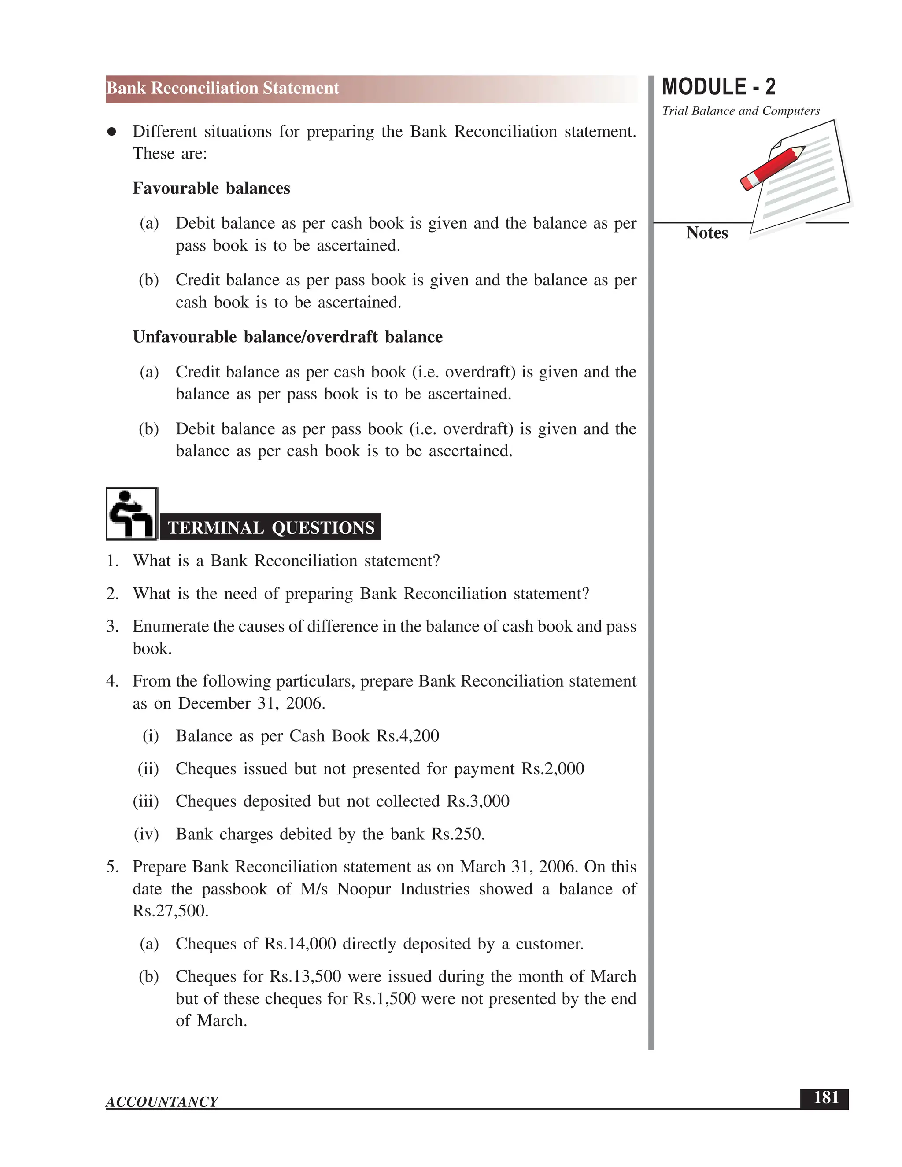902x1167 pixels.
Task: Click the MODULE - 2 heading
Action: [718, 87]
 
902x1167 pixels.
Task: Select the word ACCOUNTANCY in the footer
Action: [162, 1102]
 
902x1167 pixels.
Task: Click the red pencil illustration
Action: [772, 168]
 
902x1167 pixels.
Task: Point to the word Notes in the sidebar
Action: [706, 233]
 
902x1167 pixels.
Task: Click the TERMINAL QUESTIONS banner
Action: [271, 528]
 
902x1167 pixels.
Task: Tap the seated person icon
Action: [131, 513]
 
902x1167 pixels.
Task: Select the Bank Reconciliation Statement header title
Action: [223, 88]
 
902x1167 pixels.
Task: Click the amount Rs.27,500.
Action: [170, 911]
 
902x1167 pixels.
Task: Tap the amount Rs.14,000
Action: [300, 944]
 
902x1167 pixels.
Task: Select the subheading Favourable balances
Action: [211, 188]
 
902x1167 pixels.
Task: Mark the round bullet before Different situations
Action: [112, 132]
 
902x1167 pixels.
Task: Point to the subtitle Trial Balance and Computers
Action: [741, 111]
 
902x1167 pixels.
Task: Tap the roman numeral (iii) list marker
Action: [146, 801]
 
